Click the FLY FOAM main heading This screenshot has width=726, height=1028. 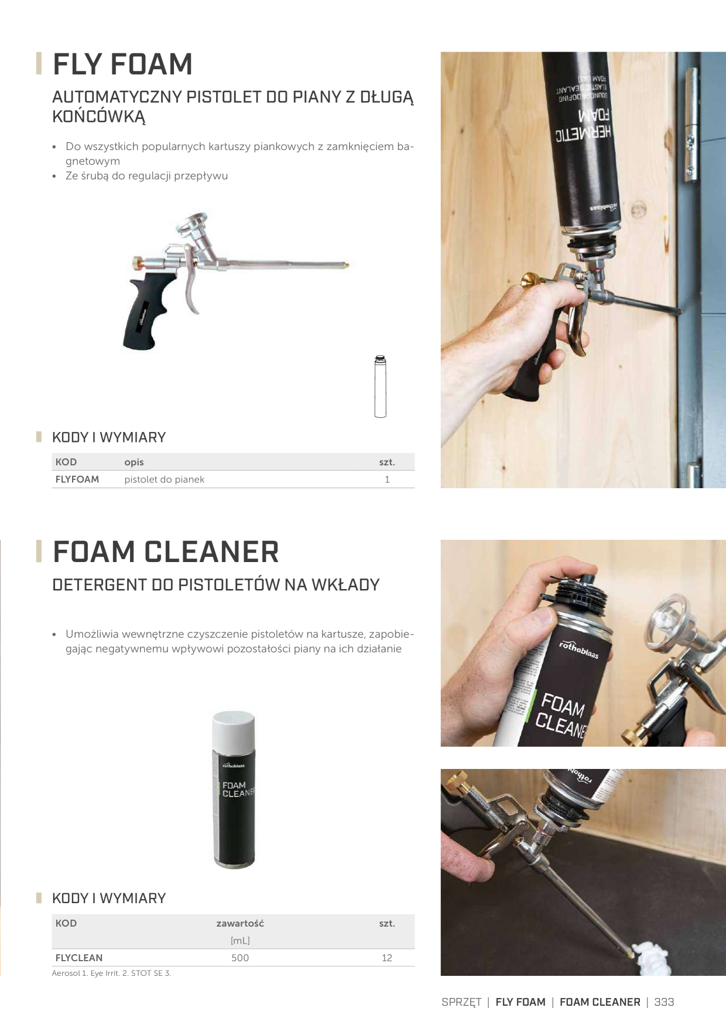[x=122, y=64]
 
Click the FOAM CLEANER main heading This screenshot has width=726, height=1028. [x=166, y=552]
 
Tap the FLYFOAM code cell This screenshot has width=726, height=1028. [x=77, y=479]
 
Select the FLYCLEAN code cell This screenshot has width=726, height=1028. [x=79, y=958]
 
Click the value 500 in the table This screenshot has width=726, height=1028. [x=240, y=958]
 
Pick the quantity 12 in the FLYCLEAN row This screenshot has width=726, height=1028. [x=387, y=958]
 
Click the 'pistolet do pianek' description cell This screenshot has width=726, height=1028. [x=165, y=479]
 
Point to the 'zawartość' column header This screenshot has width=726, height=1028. [x=240, y=924]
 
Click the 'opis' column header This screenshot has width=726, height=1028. [x=134, y=462]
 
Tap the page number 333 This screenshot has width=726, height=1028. [x=664, y=1002]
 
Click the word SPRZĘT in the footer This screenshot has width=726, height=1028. [x=461, y=1002]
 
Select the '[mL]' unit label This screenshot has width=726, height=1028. [x=240, y=941]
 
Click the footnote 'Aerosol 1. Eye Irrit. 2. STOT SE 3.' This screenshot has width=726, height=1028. [x=111, y=973]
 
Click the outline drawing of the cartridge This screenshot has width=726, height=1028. [x=380, y=386]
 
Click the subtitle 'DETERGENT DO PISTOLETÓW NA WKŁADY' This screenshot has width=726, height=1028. [x=216, y=585]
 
